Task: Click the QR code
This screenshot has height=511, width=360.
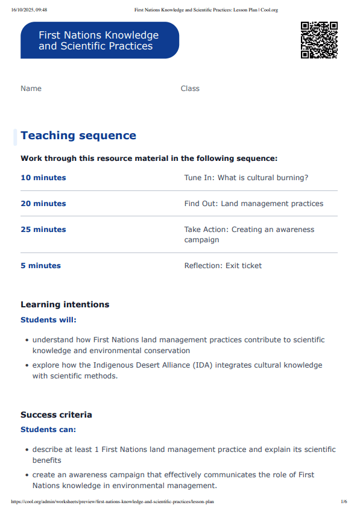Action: click(319, 40)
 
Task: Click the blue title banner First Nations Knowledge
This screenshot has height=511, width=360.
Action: click(99, 40)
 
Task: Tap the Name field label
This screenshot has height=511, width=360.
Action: click(31, 89)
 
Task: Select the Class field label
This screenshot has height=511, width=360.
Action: click(190, 89)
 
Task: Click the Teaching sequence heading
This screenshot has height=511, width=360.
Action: click(78, 136)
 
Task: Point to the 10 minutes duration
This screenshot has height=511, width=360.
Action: click(43, 178)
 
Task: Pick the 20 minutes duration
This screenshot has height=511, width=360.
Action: click(43, 204)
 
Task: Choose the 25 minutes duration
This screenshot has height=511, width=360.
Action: click(43, 230)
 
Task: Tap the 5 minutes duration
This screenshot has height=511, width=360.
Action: click(41, 266)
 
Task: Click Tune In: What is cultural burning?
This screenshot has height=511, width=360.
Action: click(246, 178)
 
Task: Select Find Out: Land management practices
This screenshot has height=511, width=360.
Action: click(253, 204)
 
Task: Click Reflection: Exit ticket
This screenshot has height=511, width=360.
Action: click(223, 266)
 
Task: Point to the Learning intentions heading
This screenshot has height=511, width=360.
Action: click(65, 304)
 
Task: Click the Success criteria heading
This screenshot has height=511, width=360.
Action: click(57, 415)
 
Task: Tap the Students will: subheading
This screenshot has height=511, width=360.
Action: click(49, 320)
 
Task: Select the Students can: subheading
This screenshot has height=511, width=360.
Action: click(48, 430)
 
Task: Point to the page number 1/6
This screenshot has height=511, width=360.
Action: click(344, 501)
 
